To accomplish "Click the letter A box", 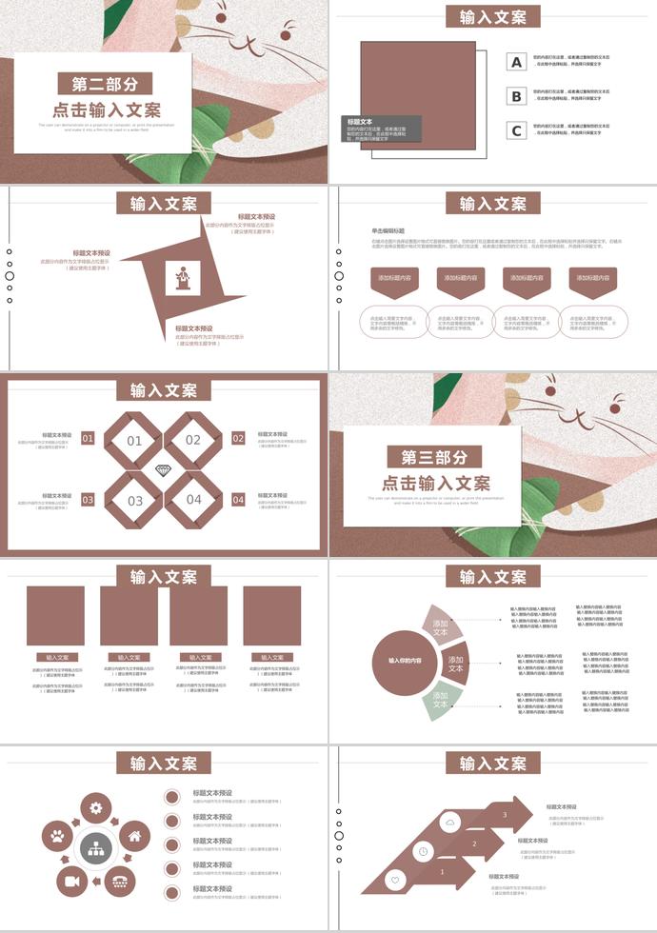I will point(517,62).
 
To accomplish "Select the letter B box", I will point(517,96).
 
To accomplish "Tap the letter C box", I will point(517,130).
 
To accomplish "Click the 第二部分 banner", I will point(104,84).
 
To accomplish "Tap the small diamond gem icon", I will point(163,471).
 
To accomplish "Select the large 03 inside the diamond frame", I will point(135,501).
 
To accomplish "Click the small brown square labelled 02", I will point(238,439).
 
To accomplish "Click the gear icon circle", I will point(95,808).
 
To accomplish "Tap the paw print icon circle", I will point(59,838).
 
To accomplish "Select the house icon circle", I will point(133,837).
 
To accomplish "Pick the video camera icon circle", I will point(72,882).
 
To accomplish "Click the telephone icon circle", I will point(118,882).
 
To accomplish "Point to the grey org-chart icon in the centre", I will point(95,846).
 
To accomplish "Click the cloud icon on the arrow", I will point(449,822).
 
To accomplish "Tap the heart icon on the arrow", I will point(394,881).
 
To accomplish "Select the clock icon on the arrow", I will point(422,851).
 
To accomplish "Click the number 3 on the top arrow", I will point(505,815).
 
